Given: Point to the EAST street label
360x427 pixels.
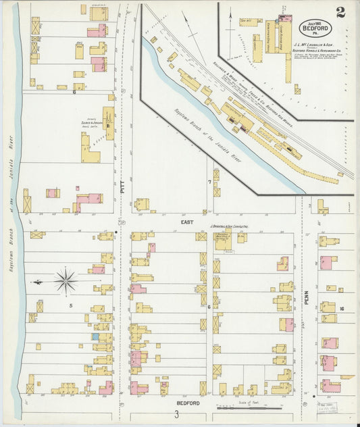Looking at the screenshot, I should (x=187, y=222).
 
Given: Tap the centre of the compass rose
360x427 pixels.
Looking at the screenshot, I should (x=66, y=280).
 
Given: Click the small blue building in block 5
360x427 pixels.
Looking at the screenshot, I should (x=96, y=336).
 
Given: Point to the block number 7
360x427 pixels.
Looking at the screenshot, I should (x=209, y=182).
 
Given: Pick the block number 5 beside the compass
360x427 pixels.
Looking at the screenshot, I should (x=70, y=305).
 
